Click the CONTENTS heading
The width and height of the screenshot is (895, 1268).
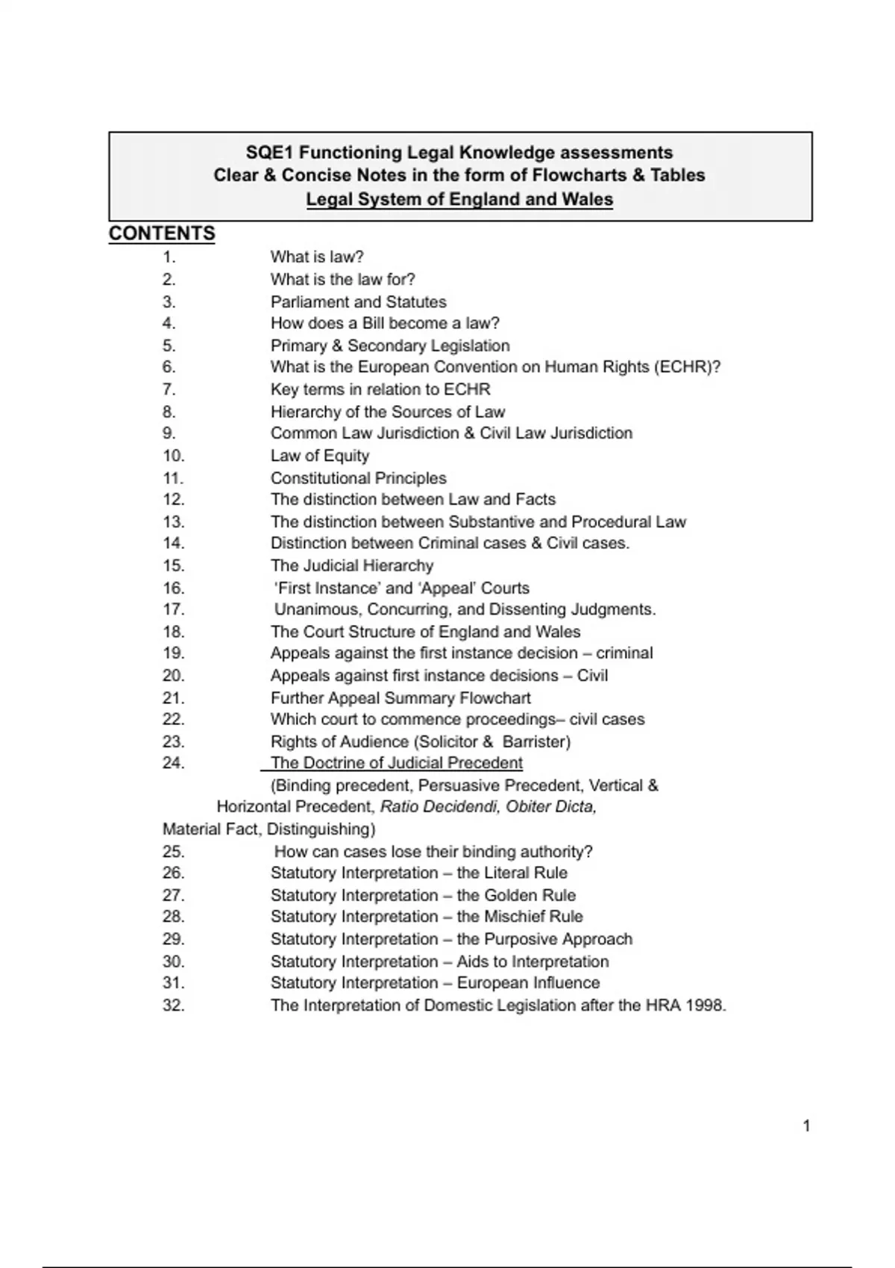162,234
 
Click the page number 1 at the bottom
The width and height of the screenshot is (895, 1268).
806,1126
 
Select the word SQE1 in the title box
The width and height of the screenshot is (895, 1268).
269,153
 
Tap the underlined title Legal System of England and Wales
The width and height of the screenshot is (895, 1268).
459,200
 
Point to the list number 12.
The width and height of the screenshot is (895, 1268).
173,500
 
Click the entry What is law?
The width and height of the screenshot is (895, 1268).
317,257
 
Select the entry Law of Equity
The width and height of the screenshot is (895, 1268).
320,456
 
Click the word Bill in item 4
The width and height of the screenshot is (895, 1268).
373,324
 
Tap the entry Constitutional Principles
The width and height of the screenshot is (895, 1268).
359,478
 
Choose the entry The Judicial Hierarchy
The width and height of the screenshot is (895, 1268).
352,566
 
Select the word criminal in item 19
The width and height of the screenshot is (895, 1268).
624,653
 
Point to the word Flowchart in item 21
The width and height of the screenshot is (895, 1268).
495,698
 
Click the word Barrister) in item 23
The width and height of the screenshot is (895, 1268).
536,742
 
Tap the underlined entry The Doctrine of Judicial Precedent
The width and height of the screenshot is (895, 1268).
397,763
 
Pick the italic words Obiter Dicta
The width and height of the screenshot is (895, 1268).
551,807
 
